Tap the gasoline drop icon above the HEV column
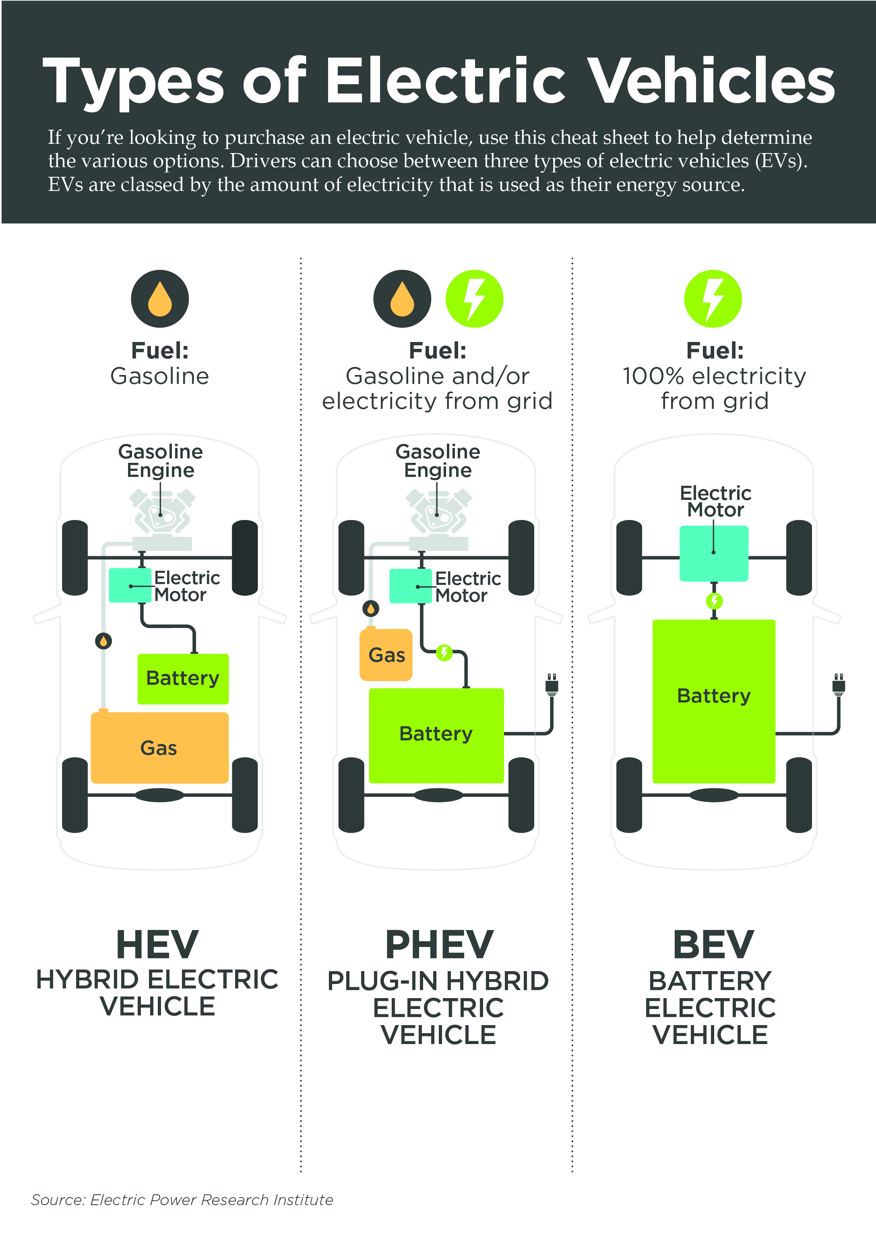(160, 298)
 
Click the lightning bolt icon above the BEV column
(713, 298)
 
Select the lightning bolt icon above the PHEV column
(474, 298)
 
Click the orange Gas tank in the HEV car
(159, 748)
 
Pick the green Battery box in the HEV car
(183, 678)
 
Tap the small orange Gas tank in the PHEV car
(386, 655)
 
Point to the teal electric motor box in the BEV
(714, 553)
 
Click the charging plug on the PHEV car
(551, 684)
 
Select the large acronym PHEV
(439, 945)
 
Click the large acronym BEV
(713, 945)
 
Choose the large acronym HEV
(157, 945)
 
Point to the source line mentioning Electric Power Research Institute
(182, 1200)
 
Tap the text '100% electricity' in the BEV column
(714, 376)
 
